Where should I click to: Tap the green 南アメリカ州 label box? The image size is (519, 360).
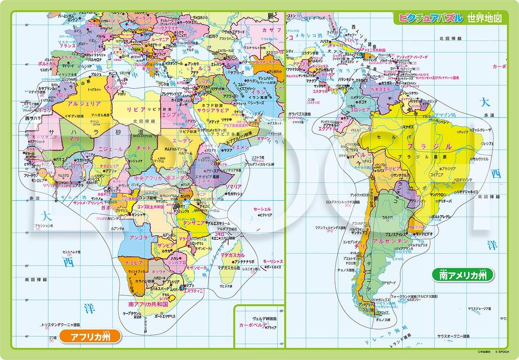click(463, 276)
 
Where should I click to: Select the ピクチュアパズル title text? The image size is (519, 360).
click(429, 18)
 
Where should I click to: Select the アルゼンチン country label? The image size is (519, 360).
click(391, 241)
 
